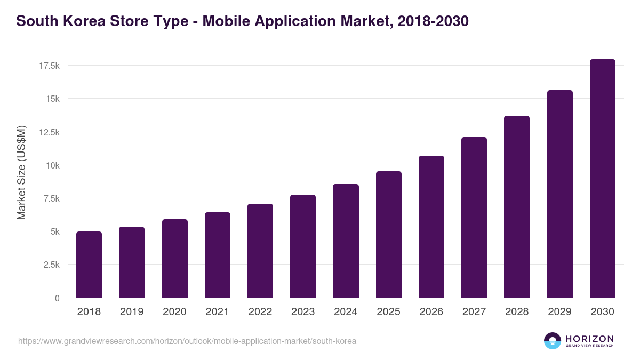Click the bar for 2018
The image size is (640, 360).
(x=89, y=265)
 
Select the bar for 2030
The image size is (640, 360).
(x=602, y=179)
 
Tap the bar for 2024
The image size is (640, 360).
(x=346, y=241)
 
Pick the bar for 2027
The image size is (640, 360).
(x=474, y=218)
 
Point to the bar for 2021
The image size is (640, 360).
(x=217, y=255)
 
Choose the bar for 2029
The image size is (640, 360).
(x=559, y=194)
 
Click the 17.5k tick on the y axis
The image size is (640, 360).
(x=49, y=66)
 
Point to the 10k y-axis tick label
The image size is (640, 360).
(x=52, y=165)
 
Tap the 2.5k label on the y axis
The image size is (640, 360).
(x=51, y=265)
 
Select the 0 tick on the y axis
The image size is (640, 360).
(x=57, y=298)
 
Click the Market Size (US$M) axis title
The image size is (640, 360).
(x=21, y=172)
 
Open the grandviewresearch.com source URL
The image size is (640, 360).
(x=187, y=341)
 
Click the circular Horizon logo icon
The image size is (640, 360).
(x=553, y=341)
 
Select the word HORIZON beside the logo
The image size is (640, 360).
(x=589, y=339)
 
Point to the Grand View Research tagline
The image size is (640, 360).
(x=589, y=346)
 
